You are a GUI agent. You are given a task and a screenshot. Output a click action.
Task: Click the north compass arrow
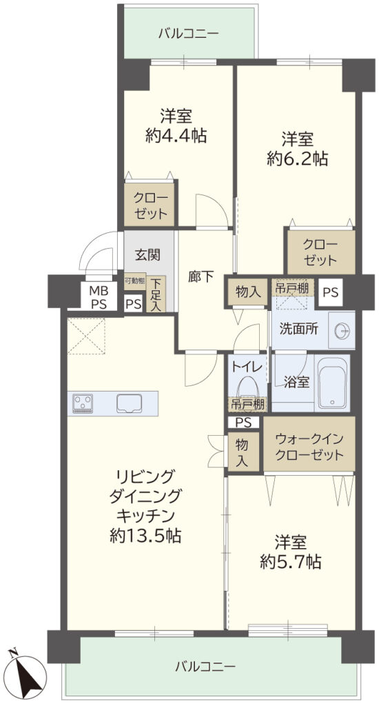[x=28, y=672]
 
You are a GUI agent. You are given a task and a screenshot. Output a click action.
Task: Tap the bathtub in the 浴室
[x=333, y=383]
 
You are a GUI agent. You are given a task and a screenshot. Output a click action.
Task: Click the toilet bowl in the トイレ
[x=247, y=386]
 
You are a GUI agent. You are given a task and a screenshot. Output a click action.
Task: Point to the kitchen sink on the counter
[x=129, y=403]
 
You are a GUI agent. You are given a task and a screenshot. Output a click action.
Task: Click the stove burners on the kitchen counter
[x=83, y=403]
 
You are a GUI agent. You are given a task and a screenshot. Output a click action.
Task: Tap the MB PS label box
[x=99, y=296]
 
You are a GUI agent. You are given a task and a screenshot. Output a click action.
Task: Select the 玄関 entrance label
[x=147, y=255]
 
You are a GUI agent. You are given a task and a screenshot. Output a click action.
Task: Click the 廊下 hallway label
[x=201, y=276]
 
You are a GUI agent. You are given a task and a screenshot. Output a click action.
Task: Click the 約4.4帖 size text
[x=176, y=135]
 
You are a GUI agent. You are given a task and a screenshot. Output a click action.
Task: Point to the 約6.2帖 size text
[x=297, y=159]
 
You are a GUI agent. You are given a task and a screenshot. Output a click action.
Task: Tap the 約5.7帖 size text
[x=291, y=561]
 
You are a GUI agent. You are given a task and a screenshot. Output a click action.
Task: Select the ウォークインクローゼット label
[x=309, y=446]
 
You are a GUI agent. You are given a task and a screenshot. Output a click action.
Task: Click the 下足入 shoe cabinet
[x=156, y=294]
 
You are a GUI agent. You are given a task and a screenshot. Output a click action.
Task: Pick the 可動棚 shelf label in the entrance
[x=134, y=281]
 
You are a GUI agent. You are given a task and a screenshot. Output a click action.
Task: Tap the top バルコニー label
[x=189, y=33]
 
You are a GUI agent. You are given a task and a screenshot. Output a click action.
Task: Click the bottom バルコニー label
[x=205, y=666]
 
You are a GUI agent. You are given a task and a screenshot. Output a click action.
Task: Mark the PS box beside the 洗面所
[x=331, y=292]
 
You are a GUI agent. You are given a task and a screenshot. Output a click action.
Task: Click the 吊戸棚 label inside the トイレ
[x=247, y=404]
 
